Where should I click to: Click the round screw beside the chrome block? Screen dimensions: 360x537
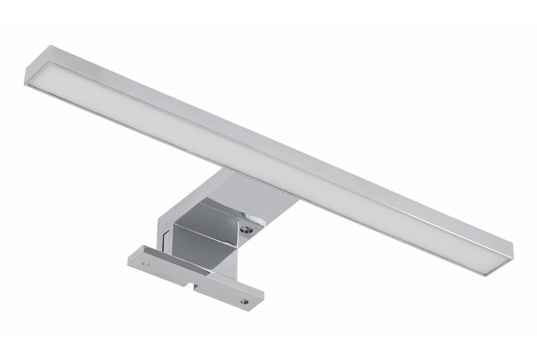point(247,226)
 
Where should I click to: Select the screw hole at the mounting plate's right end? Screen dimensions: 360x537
point(243,302)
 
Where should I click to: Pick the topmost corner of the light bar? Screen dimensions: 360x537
point(51,47)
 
